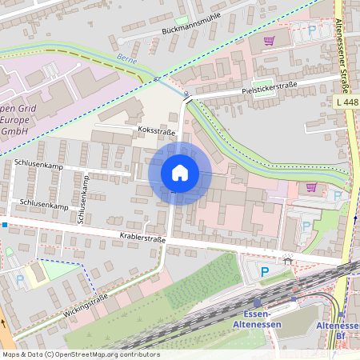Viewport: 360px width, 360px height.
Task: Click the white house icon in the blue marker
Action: click(180, 173)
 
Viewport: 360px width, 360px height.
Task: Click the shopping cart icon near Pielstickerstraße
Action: click(270, 40)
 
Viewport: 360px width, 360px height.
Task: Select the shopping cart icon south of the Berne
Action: click(311, 188)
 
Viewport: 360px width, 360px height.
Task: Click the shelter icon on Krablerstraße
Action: click(287, 259)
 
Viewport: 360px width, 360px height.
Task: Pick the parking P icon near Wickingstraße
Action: click(19, 280)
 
